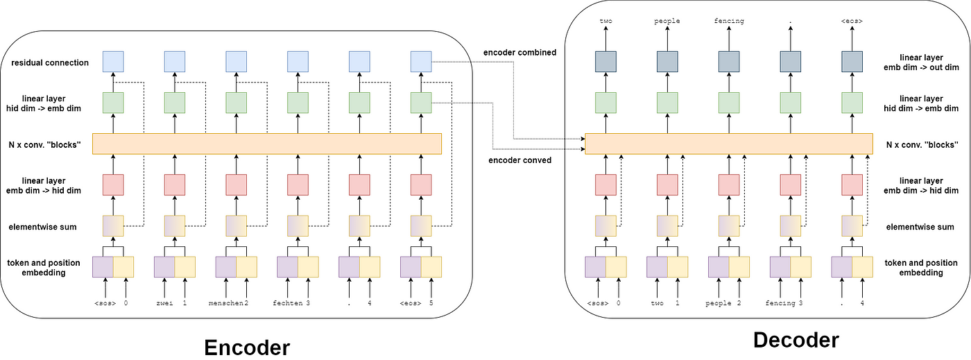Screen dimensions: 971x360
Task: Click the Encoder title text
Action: pos(247,348)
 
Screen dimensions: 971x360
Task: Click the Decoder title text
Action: pos(796,340)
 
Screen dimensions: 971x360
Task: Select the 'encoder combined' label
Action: pos(519,53)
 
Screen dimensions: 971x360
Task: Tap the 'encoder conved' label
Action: pos(519,160)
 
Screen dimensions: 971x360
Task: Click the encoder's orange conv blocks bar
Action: pos(267,144)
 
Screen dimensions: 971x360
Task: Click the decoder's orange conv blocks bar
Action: pos(729,144)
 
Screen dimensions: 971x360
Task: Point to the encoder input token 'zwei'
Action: pos(164,303)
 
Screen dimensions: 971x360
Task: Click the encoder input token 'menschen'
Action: pos(226,303)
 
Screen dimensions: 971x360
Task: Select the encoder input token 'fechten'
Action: pos(287,303)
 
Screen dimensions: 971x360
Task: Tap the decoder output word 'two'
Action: pos(605,21)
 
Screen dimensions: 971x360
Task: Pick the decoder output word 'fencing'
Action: pos(729,21)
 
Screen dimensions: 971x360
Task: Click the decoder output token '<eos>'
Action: pos(852,21)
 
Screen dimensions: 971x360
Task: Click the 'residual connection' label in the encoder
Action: pos(50,62)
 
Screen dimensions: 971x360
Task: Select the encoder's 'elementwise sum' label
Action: pos(42,227)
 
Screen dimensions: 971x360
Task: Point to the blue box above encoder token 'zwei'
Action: pos(175,62)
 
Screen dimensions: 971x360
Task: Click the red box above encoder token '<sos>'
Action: pos(113,185)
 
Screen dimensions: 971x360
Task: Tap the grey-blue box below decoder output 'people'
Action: pos(667,62)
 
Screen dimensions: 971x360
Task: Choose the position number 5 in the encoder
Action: pos(431,303)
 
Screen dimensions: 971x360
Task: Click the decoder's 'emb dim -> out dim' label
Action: pos(921,67)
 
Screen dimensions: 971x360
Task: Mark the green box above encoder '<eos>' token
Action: pos(421,103)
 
